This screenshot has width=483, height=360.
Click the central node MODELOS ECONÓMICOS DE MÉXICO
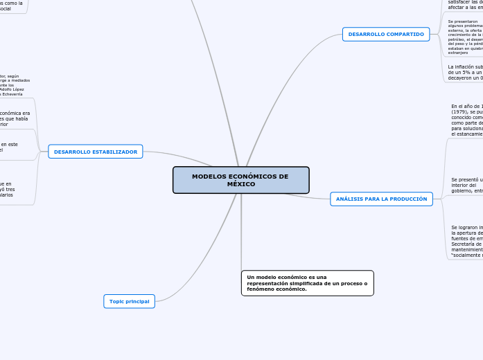(240, 180)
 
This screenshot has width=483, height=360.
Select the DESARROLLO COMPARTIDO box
(386, 34)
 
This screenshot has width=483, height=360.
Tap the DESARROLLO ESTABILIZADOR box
(96, 152)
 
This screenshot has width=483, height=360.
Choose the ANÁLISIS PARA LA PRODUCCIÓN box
(381, 199)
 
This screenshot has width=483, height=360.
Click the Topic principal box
(129, 301)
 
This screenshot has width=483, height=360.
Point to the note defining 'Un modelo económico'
(307, 282)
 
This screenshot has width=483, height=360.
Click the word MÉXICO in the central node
(240, 185)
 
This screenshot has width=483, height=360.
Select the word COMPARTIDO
(403, 34)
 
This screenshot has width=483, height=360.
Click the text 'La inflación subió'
(465, 67)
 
